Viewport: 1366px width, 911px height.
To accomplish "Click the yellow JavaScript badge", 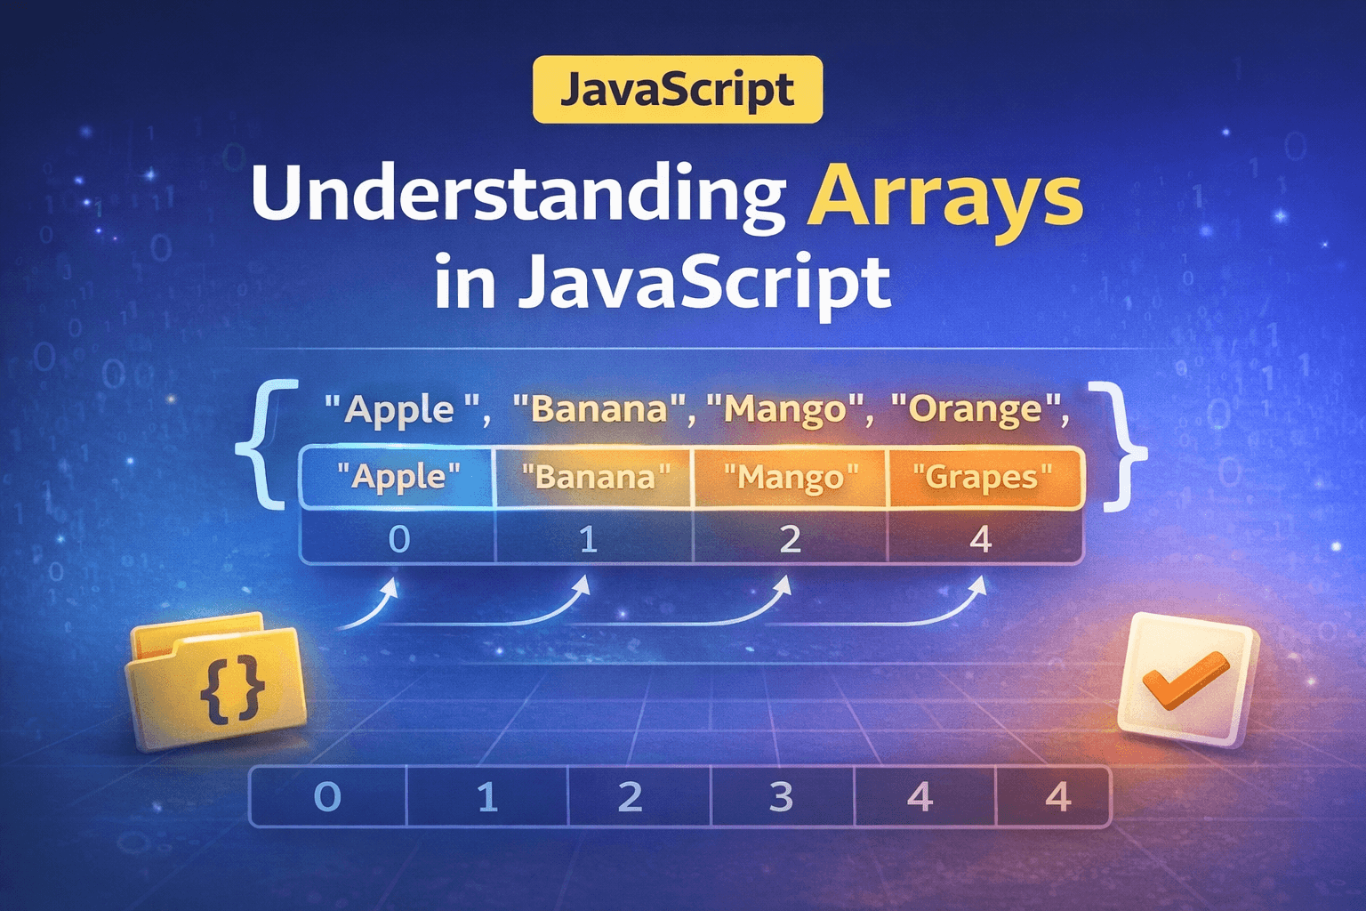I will (678, 90).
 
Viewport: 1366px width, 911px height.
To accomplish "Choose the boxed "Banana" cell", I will (594, 478).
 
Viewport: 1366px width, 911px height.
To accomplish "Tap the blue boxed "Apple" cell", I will (398, 478).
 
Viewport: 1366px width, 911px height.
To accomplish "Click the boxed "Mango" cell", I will (790, 478).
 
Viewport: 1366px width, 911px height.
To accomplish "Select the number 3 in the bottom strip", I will (781, 797).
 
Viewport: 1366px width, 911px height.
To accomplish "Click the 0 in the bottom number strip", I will (327, 797).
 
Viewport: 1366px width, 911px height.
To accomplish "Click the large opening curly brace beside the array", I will (263, 445).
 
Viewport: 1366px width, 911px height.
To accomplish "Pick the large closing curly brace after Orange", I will (1118, 445).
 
